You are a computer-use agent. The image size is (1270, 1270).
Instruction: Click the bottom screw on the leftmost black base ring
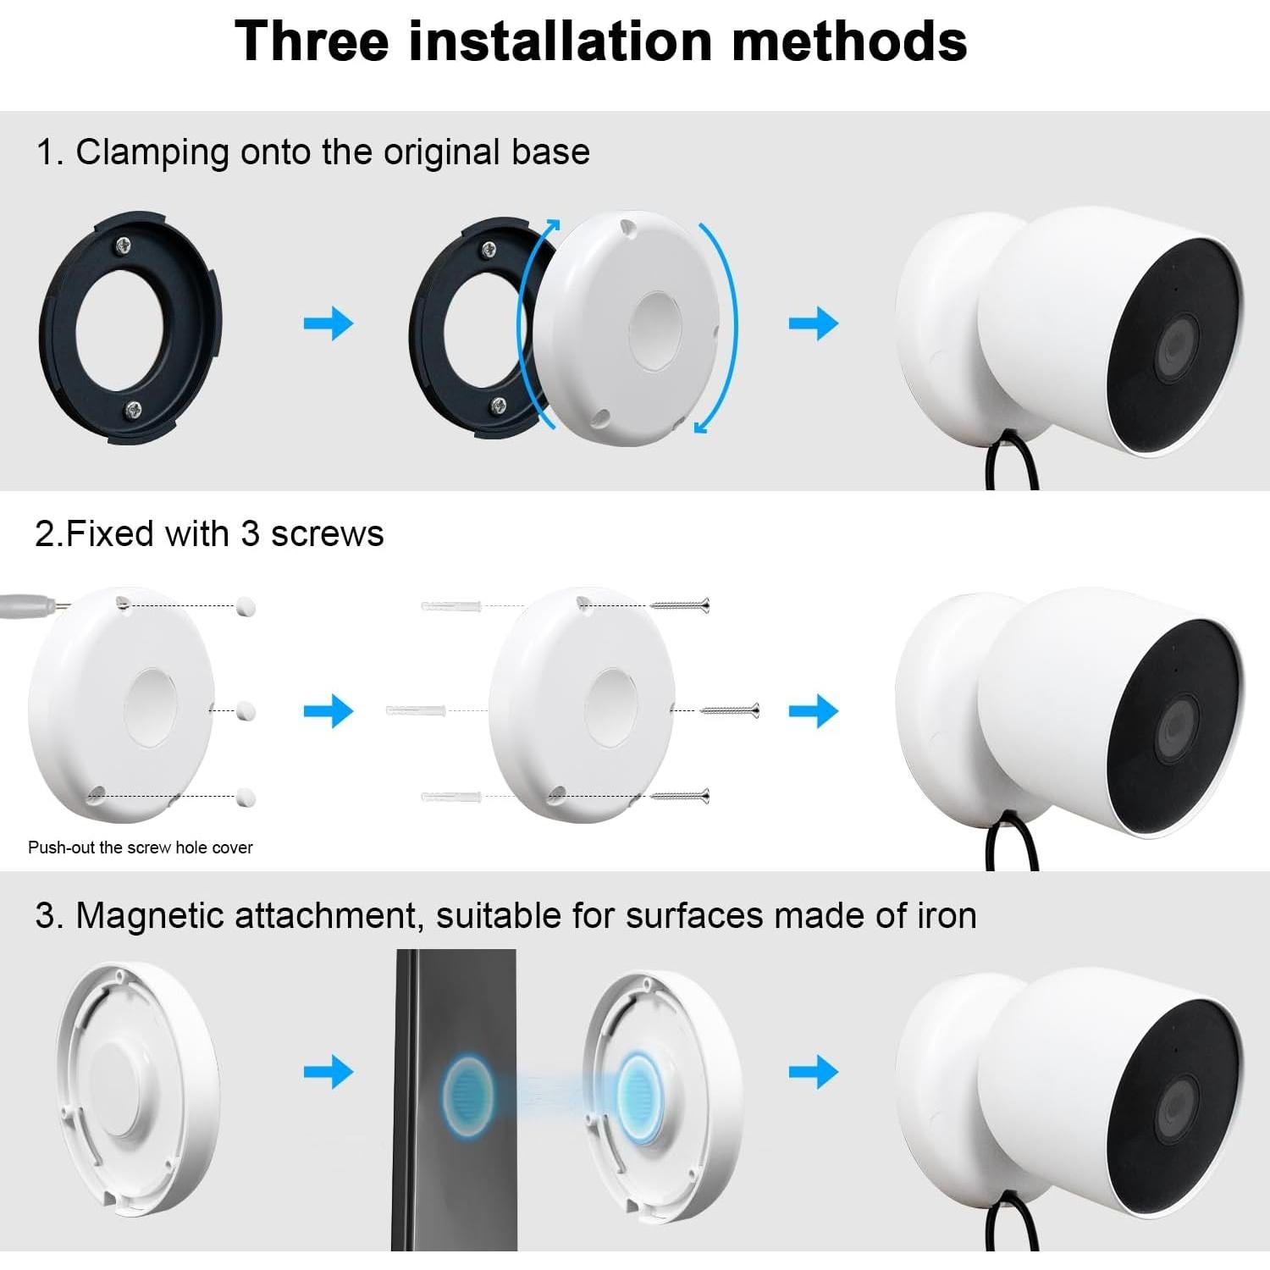tap(134, 410)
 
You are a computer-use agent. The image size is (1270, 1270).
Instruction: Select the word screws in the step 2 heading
tap(327, 534)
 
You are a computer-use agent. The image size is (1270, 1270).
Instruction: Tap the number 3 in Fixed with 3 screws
tap(250, 534)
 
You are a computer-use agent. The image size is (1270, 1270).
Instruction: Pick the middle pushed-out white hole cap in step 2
tap(246, 710)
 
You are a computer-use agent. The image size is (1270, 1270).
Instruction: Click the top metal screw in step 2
tap(680, 605)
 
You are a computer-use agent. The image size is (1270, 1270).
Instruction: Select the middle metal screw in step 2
tap(730, 710)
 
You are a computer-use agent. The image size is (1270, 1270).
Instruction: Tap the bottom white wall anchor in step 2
tap(450, 797)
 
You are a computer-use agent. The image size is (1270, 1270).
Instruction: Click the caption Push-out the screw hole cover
tap(141, 848)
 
